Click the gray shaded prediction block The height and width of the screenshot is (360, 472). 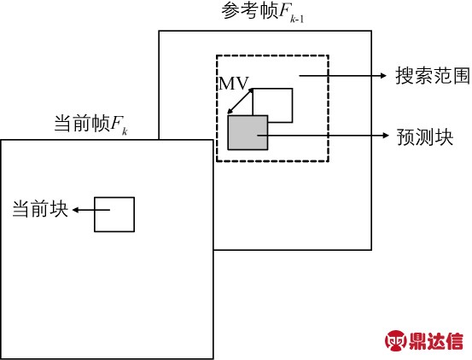[x=248, y=132]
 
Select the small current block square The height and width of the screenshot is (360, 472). [x=114, y=214]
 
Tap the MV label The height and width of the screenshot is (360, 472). [x=234, y=84]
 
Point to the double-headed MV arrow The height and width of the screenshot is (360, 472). [x=240, y=101]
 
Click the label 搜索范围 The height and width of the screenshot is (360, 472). [x=432, y=76]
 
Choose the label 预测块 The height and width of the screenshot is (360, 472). [x=425, y=137]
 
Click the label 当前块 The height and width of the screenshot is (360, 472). [x=40, y=209]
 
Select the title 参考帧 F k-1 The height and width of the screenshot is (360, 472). [x=263, y=13]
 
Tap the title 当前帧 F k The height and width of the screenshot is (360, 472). [x=91, y=124]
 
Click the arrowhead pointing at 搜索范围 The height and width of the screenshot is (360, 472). [x=383, y=75]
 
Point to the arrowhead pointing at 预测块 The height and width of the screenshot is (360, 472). [x=386, y=136]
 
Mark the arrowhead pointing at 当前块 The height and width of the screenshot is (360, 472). [x=76, y=210]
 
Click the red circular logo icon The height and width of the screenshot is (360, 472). [x=395, y=340]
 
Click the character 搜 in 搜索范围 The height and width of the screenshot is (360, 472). [x=405, y=76]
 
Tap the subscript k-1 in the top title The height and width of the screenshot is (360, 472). [x=297, y=20]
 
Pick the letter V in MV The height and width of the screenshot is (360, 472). [x=242, y=84]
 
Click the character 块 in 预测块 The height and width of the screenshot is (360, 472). [x=444, y=137]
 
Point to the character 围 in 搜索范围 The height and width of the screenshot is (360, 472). [x=461, y=76]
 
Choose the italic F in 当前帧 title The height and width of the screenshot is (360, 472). [x=116, y=123]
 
